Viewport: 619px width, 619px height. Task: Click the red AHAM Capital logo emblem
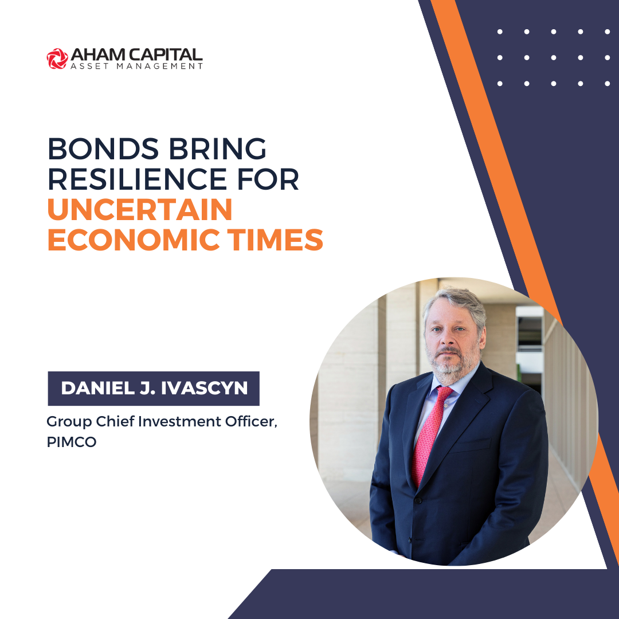(57, 58)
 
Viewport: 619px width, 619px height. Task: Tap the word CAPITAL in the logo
(166, 55)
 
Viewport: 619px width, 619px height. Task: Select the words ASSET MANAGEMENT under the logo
(136, 66)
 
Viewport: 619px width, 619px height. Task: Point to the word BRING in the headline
(218, 149)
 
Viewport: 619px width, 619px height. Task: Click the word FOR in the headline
(268, 179)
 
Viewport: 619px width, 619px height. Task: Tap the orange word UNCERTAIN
(140, 210)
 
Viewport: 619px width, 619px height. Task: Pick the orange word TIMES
(275, 240)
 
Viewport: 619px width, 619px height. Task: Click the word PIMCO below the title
(72, 442)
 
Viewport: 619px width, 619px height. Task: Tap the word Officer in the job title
(252, 422)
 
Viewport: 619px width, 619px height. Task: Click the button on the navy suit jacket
(418, 500)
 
